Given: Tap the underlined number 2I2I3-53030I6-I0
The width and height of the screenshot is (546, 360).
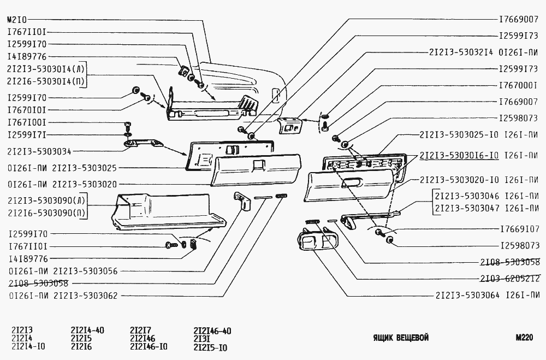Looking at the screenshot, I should [x=459, y=155].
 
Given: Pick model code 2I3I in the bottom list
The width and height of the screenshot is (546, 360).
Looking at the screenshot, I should [x=203, y=339].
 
